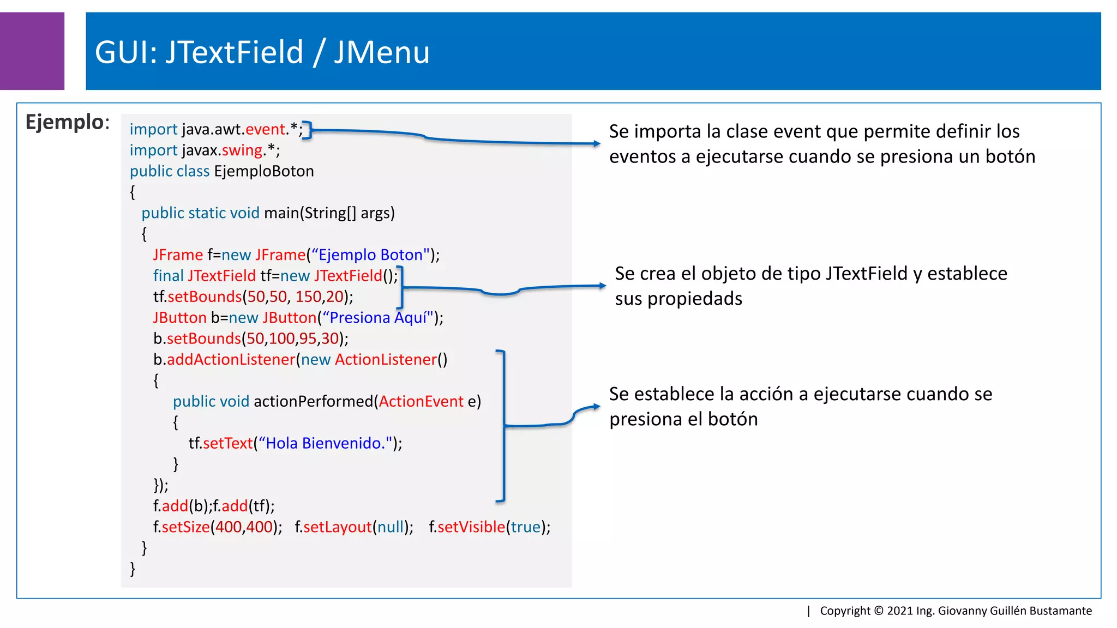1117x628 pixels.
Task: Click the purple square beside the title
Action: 32,51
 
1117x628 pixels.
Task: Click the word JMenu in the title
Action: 382,53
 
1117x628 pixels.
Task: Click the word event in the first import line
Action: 265,129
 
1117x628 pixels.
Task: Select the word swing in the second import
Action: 242,150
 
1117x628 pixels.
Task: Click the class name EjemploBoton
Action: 264,171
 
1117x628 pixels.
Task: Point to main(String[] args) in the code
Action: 329,213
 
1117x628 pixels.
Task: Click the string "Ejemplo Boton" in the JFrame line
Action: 371,255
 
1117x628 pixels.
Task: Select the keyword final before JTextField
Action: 168,276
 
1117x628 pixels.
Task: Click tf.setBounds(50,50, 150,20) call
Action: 253,297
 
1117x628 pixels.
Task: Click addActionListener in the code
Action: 231,360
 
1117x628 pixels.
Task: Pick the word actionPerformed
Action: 314,402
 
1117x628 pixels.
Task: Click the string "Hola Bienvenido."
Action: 326,443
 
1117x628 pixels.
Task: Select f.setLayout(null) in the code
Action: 353,527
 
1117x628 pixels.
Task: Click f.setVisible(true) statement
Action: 489,527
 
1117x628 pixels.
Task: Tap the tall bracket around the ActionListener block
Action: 503,425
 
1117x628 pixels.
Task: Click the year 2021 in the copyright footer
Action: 899,611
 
